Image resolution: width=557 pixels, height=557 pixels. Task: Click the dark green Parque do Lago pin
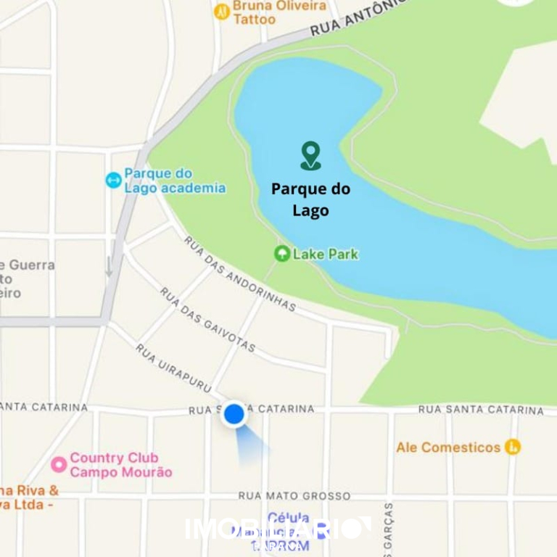[x=310, y=155]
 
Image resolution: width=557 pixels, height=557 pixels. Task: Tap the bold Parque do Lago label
[x=310, y=199]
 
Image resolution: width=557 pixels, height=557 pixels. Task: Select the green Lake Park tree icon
[x=281, y=254]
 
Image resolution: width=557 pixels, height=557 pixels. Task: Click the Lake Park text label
[x=325, y=254]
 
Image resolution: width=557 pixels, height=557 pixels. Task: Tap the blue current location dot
[x=234, y=414]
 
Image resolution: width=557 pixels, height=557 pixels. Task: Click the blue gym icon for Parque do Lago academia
[x=113, y=180]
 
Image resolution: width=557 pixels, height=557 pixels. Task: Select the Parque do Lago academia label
[x=174, y=181]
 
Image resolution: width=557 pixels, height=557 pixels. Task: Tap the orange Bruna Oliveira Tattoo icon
[x=223, y=12]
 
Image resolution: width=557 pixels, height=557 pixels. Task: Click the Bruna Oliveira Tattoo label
[x=279, y=12]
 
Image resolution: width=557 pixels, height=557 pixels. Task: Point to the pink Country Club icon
[x=59, y=464]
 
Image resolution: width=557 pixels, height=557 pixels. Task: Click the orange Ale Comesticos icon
[x=513, y=447]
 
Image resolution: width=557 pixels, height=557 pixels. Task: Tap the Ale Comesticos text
[x=448, y=447]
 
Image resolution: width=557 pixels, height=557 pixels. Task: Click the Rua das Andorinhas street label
[x=239, y=273]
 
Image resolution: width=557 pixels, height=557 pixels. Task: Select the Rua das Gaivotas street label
[x=207, y=320]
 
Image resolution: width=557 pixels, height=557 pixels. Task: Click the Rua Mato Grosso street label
[x=294, y=496]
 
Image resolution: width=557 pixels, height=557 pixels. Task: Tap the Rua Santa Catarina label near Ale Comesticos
[x=480, y=410]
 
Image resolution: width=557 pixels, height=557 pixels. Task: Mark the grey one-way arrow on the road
[x=109, y=266]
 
